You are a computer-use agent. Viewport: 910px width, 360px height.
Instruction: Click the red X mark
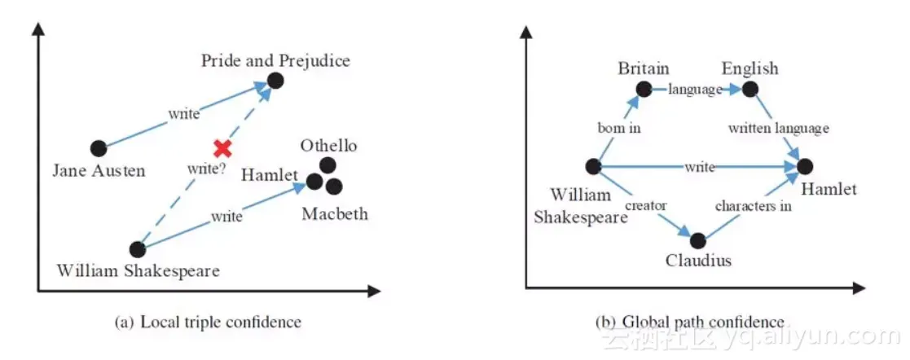click(x=222, y=148)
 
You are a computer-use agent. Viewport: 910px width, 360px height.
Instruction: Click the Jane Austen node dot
click(x=99, y=148)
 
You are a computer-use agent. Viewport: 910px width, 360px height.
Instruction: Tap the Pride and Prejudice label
click(x=275, y=60)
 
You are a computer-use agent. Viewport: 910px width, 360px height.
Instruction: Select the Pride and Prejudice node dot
click(x=275, y=80)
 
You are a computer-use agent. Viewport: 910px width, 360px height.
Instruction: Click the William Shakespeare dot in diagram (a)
click(x=138, y=249)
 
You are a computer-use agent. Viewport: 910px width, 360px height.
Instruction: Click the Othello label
click(x=328, y=147)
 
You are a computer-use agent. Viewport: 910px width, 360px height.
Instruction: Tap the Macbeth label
click(x=334, y=214)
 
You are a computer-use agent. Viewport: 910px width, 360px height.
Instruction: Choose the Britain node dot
click(x=644, y=89)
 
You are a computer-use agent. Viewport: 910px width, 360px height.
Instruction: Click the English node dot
click(x=750, y=89)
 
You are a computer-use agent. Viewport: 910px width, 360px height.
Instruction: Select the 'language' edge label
click(x=695, y=90)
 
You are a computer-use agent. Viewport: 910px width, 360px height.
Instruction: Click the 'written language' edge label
click(x=778, y=128)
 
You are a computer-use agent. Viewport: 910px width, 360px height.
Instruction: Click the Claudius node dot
click(x=697, y=240)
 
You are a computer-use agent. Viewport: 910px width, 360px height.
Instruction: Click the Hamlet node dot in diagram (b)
click(x=805, y=166)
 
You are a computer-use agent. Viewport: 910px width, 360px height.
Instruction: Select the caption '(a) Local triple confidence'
click(x=208, y=322)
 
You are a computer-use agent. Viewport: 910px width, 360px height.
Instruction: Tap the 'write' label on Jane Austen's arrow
click(x=184, y=114)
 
